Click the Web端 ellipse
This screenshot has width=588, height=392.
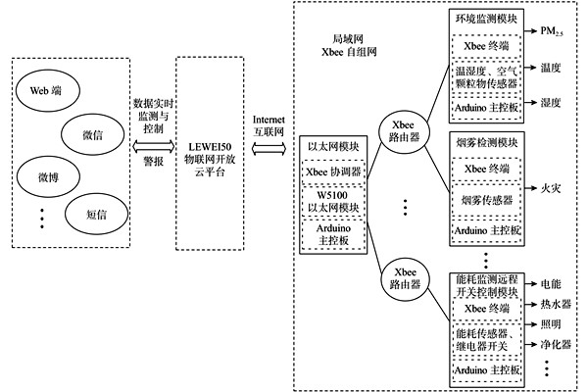(47, 90)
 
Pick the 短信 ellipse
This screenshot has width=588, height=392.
(92, 211)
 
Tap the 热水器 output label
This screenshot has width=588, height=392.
(556, 304)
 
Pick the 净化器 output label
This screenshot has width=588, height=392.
(556, 345)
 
